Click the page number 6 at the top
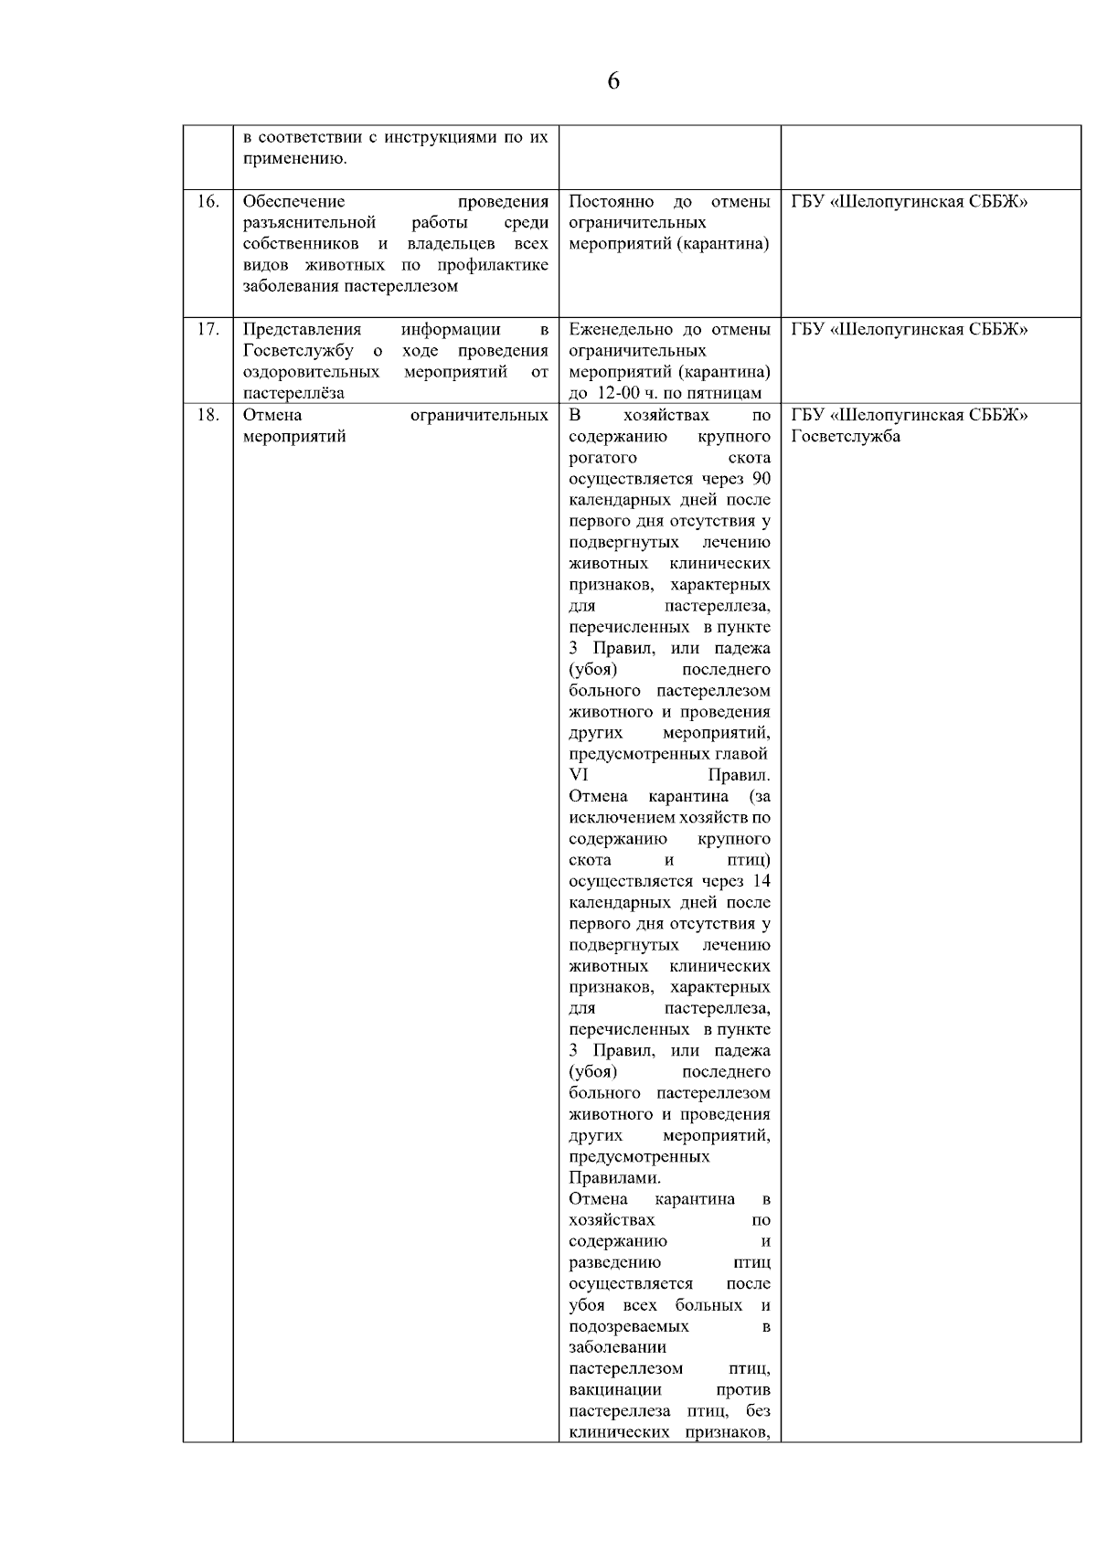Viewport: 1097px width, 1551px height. coord(612,81)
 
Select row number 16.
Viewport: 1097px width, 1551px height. coord(208,201)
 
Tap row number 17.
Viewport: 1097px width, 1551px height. coord(208,329)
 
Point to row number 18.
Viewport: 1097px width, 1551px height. coord(208,415)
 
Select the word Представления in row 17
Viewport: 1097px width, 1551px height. coord(302,329)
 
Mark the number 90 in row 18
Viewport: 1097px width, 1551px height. coord(761,479)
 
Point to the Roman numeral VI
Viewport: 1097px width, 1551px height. coord(579,775)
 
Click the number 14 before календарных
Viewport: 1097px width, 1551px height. coord(761,881)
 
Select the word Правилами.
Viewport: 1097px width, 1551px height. coord(614,1177)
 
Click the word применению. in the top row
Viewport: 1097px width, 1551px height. coord(294,159)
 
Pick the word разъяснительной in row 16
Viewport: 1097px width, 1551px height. coord(310,222)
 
